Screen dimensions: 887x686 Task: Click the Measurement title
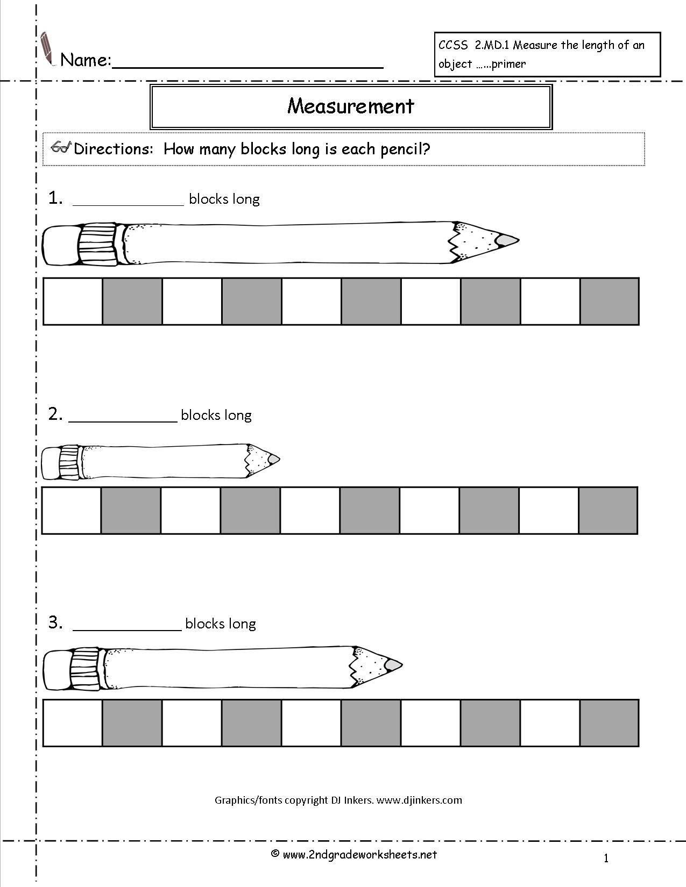click(x=351, y=106)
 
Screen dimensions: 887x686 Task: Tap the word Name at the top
click(x=85, y=60)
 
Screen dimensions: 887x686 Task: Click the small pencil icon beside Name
click(x=47, y=48)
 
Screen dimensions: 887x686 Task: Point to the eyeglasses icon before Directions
click(x=61, y=148)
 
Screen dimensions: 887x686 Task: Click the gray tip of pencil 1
click(x=507, y=240)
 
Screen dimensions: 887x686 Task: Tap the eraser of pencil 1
click(x=60, y=245)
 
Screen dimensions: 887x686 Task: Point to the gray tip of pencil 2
click(x=274, y=459)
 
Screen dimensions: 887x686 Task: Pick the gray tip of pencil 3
click(x=394, y=665)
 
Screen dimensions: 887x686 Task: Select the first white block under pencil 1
click(x=73, y=301)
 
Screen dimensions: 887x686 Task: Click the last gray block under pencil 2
click(x=608, y=510)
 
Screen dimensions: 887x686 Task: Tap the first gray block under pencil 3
click(x=132, y=723)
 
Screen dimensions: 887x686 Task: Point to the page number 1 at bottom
click(x=606, y=859)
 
